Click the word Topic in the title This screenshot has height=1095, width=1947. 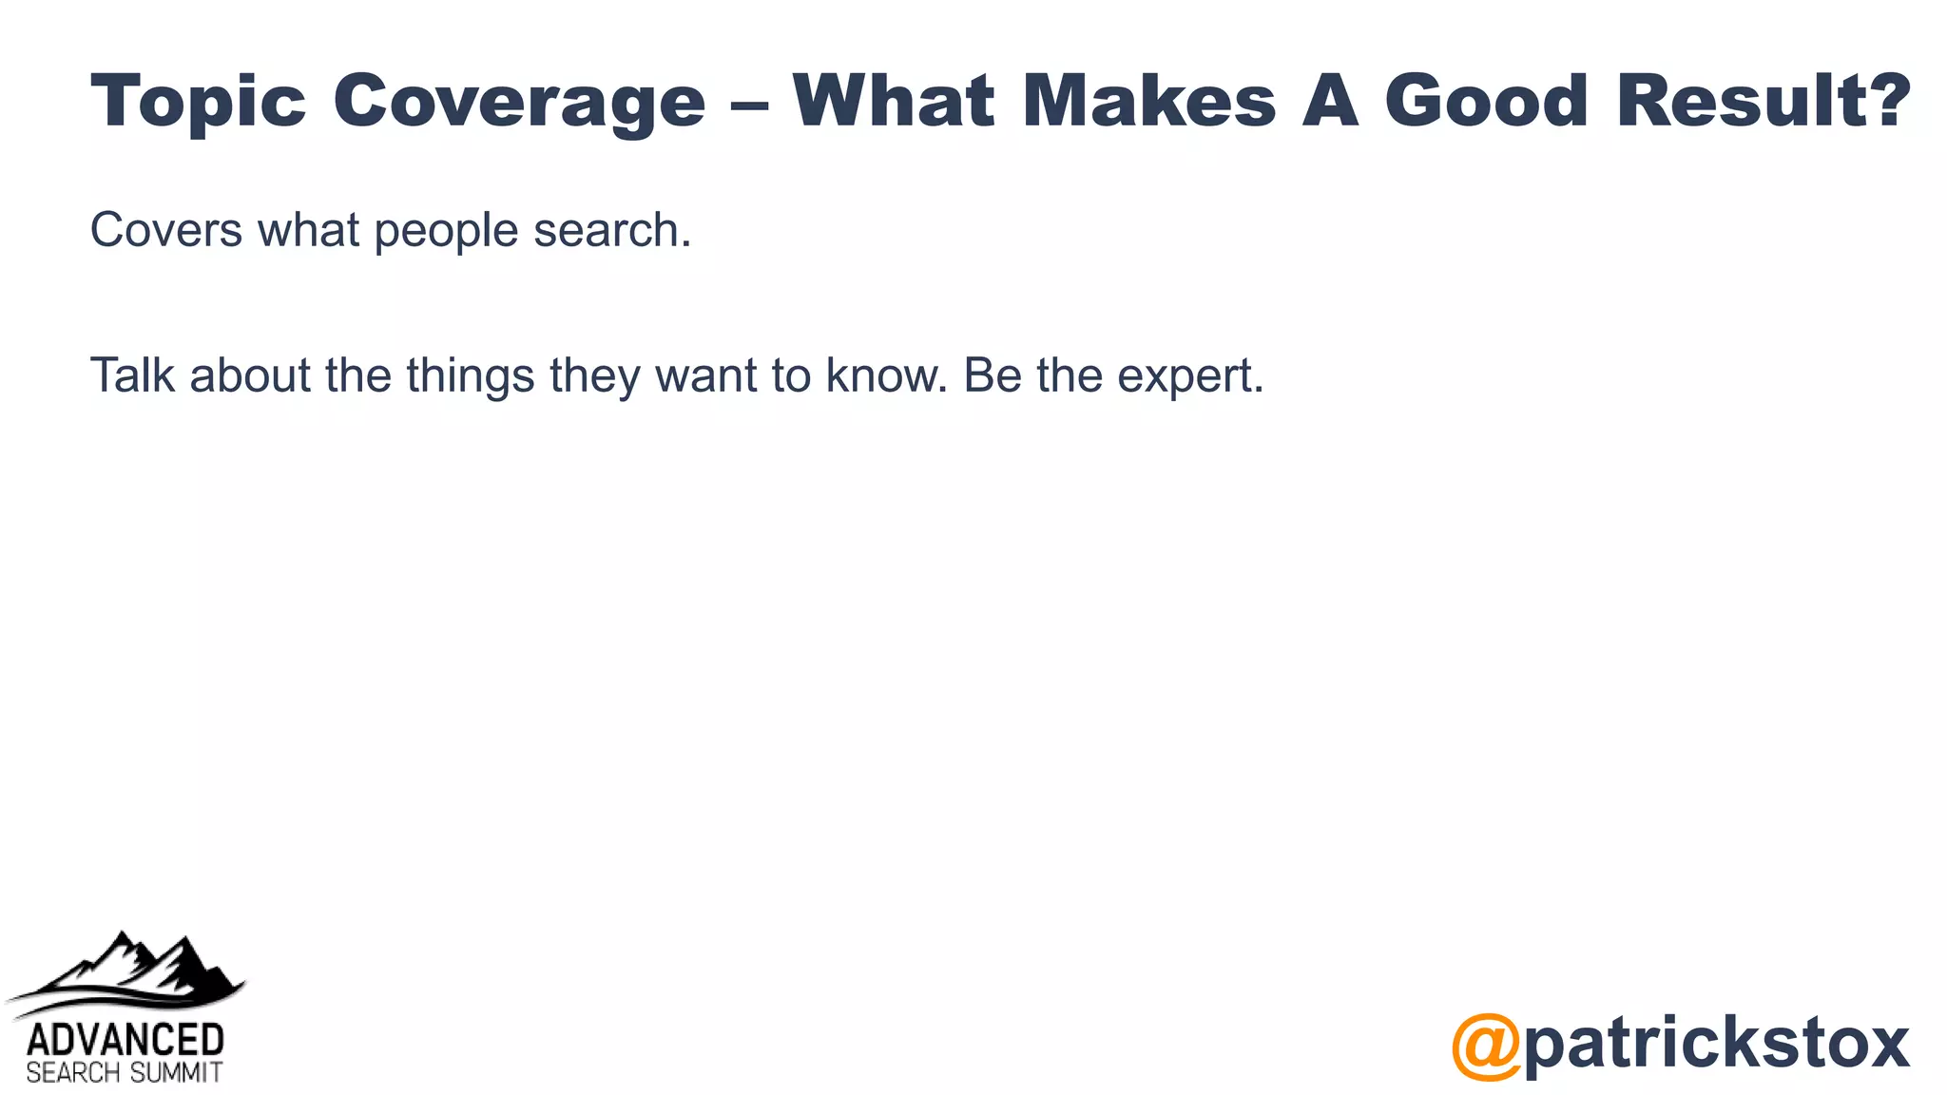pos(198,102)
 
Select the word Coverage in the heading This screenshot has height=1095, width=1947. pos(519,102)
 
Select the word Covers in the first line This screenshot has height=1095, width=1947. pos(165,230)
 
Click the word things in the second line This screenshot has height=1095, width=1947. pos(471,376)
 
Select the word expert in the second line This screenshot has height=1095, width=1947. pos(1188,376)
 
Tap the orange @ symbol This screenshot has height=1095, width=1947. pos(1486,1046)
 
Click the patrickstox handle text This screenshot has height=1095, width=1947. pos(1717,1044)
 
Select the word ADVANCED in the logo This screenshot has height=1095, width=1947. pos(125,1039)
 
